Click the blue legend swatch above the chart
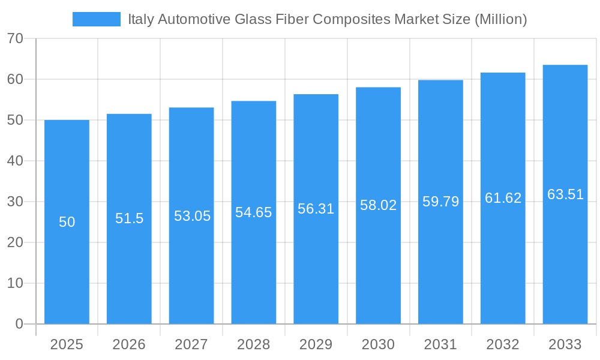coord(96,19)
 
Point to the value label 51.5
coord(129,218)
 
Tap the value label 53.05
coord(192,216)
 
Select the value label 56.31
coord(316,209)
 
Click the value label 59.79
coord(440,202)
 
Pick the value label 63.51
coord(565,194)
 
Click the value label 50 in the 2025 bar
coord(67,222)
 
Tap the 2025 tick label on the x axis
coord(67,344)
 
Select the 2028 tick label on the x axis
coord(253,344)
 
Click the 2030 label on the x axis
coord(378,344)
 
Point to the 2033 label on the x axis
coord(565,344)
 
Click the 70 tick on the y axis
coord(15,38)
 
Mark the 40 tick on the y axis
coord(15,161)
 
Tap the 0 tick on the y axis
coord(19,324)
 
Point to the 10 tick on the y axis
coord(15,283)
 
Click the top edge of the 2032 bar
coord(503,73)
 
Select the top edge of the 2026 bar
coord(129,115)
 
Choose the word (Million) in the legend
coord(500,19)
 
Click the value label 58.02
coord(378,205)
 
